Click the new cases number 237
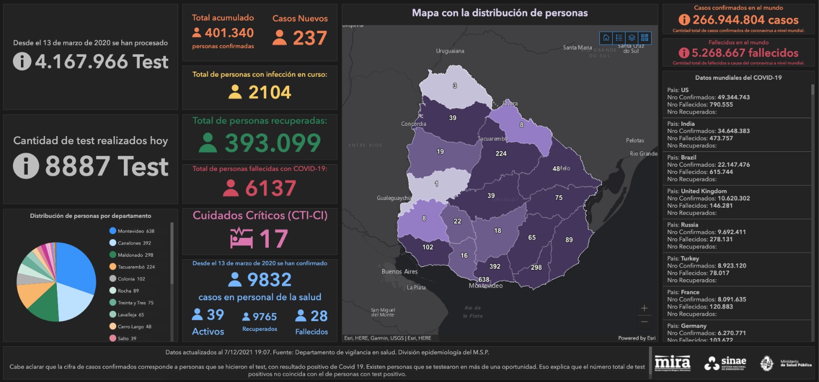pyautogui.click(x=310, y=38)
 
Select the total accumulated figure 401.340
pyautogui.click(x=229, y=33)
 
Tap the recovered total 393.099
pyautogui.click(x=272, y=143)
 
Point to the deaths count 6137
pyautogui.click(x=270, y=189)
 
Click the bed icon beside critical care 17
pyautogui.click(x=241, y=238)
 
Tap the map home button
pyautogui.click(x=606, y=37)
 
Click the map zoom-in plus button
pyautogui.click(x=644, y=308)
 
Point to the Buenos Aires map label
pyautogui.click(x=399, y=272)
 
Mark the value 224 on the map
pyautogui.click(x=501, y=153)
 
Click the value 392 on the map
pyautogui.click(x=494, y=266)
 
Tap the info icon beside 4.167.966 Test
pyautogui.click(x=22, y=61)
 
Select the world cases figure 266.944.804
pyautogui.click(x=745, y=20)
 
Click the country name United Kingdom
pyautogui.click(x=703, y=191)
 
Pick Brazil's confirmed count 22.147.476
pyautogui.click(x=734, y=165)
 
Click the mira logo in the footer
pyautogui.click(x=672, y=363)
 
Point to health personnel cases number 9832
pyautogui.click(x=269, y=280)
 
